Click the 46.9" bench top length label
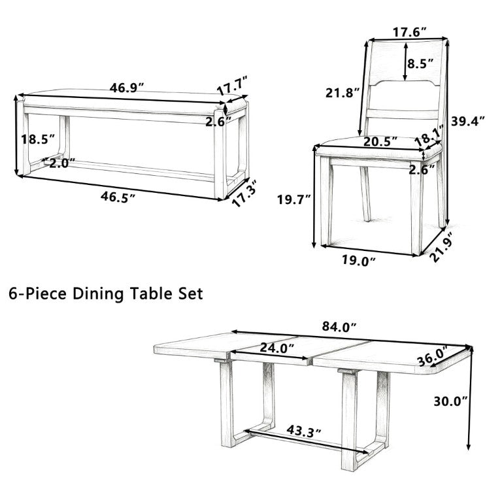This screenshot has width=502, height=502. [x=127, y=88]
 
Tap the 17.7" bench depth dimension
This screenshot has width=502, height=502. [x=233, y=86]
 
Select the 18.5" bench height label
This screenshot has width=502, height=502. [x=38, y=140]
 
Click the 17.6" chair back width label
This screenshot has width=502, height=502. [x=409, y=32]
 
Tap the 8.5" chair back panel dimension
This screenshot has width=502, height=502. [x=420, y=63]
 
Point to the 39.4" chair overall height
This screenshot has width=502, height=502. [x=468, y=121]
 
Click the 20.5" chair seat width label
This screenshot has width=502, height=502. [x=380, y=141]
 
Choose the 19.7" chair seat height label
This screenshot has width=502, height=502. [x=294, y=200]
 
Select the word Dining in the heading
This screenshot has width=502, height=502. [x=98, y=294]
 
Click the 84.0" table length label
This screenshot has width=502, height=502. [x=339, y=327]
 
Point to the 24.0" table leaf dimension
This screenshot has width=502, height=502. [x=277, y=348]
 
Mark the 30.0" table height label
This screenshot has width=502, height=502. [x=451, y=401]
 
